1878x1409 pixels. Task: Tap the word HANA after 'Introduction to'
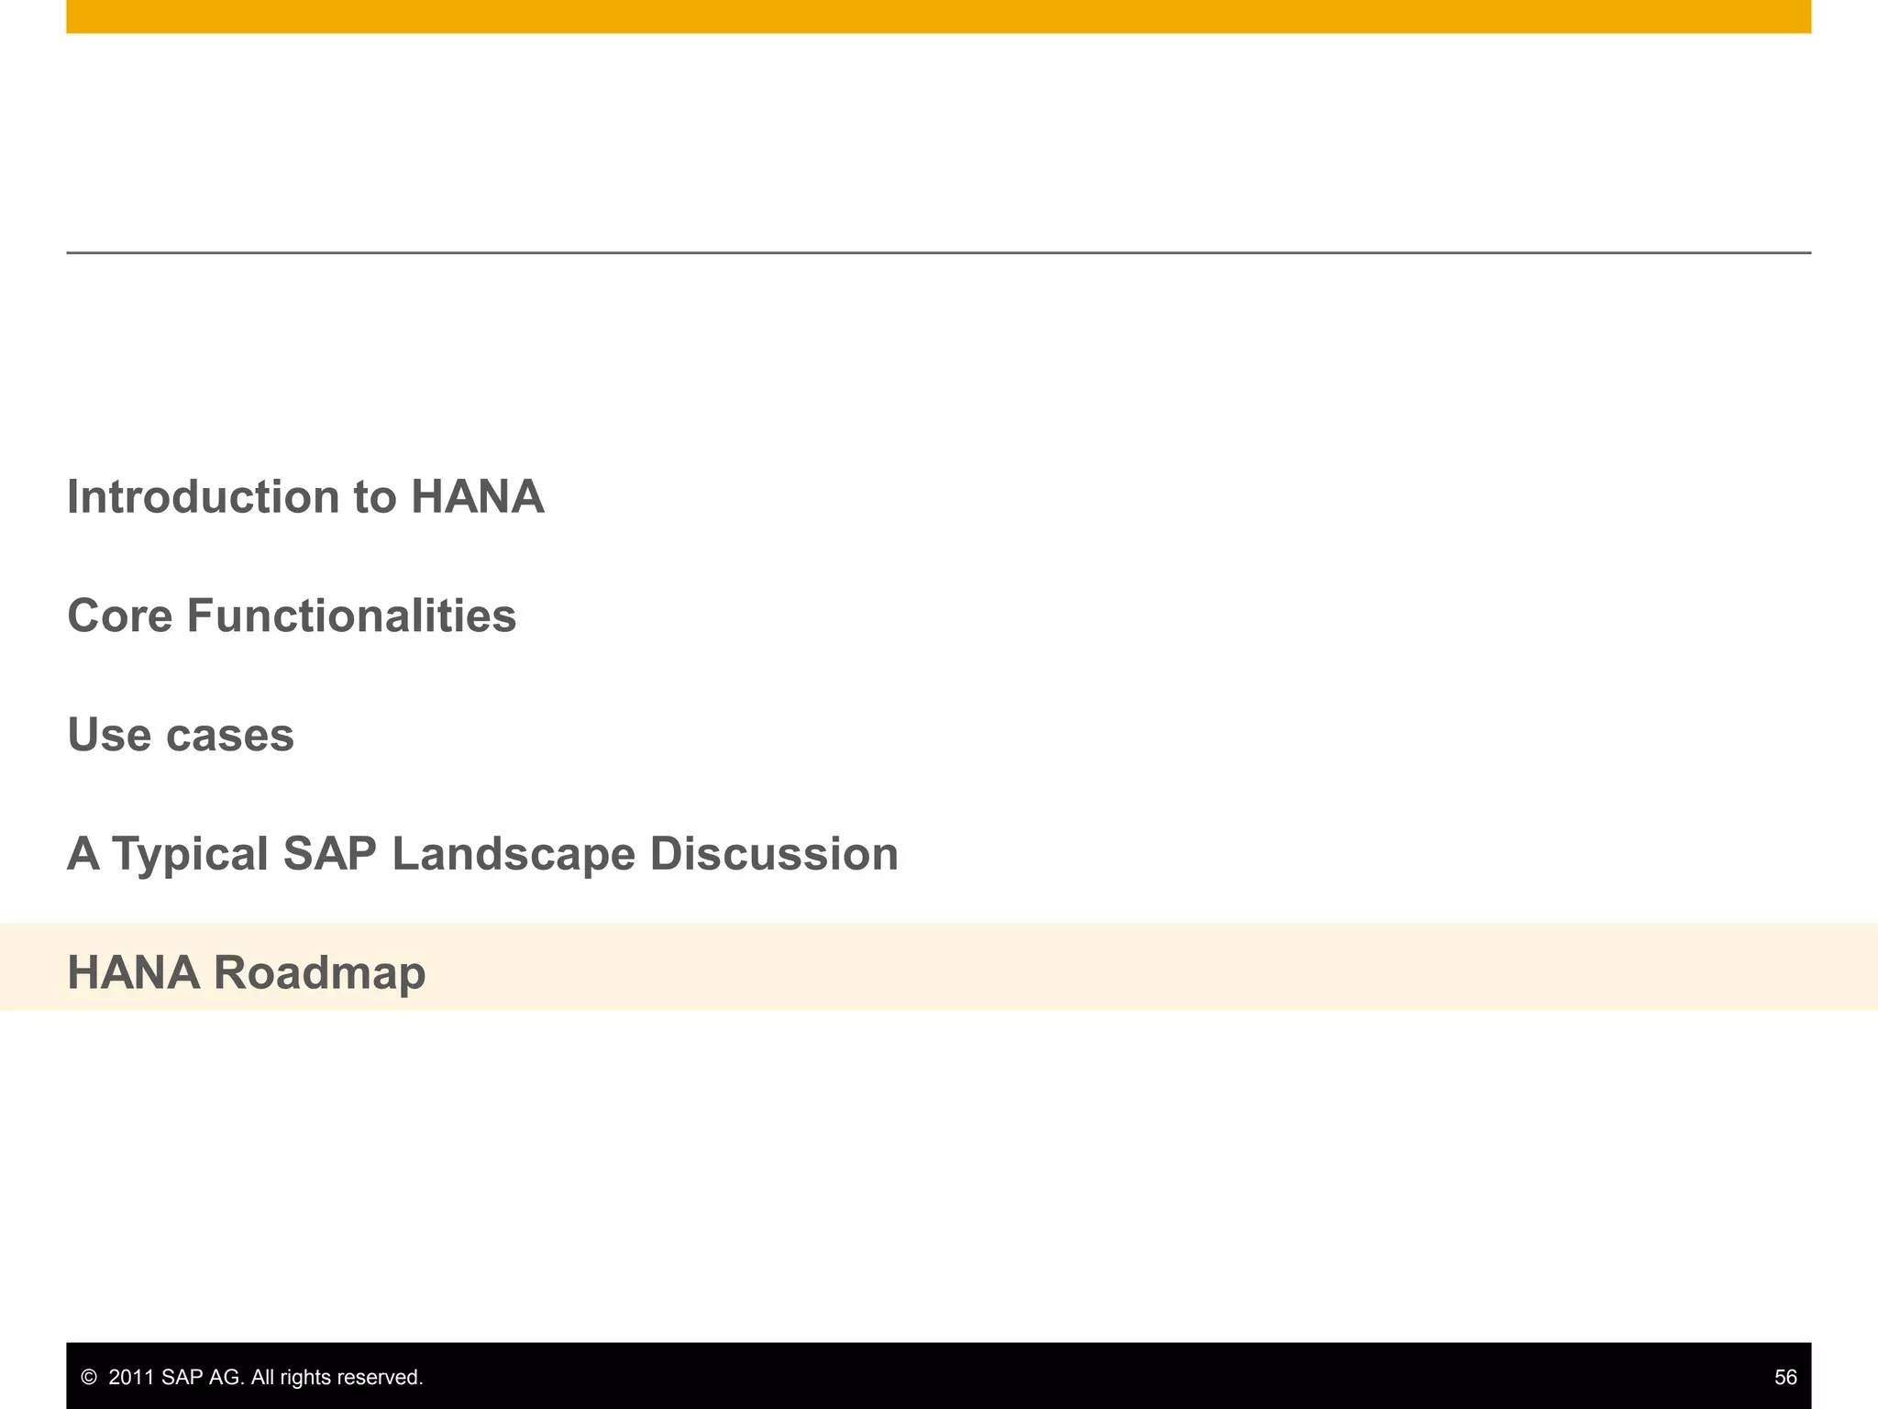pyautogui.click(x=477, y=497)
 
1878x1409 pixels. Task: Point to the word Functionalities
pyautogui.click(x=351, y=616)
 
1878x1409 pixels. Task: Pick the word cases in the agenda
pyautogui.click(x=230, y=735)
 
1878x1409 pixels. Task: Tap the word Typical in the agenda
pyautogui.click(x=190, y=854)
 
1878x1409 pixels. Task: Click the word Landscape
pyautogui.click(x=514, y=854)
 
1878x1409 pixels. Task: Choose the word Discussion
pyautogui.click(x=774, y=854)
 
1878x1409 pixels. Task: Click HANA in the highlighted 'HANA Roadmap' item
pyautogui.click(x=134, y=972)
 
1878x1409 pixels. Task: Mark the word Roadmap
pyautogui.click(x=319, y=972)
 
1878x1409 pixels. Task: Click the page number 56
pyautogui.click(x=1785, y=1377)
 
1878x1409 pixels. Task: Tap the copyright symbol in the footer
pyautogui.click(x=89, y=1378)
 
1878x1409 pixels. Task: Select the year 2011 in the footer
pyautogui.click(x=131, y=1377)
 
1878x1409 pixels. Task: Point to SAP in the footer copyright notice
pyautogui.click(x=182, y=1377)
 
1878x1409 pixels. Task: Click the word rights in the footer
pyautogui.click(x=305, y=1377)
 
